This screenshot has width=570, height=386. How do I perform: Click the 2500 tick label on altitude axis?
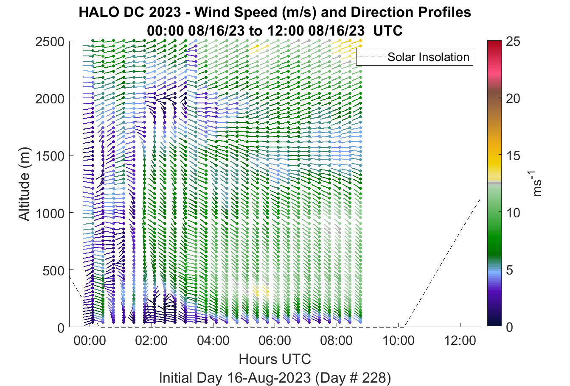pos(50,42)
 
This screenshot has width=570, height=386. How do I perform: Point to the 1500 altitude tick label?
pos(50,156)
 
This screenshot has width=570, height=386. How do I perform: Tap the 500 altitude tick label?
pos(53,271)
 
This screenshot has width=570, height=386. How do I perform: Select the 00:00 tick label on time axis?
pos(90,341)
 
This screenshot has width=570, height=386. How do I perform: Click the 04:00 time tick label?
pos(213,341)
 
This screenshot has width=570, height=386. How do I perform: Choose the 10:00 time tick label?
pos(399,341)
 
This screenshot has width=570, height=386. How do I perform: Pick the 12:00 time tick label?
pos(460,341)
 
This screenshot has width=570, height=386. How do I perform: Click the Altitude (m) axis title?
pos(25,184)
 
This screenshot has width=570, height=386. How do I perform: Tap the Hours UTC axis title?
pos(275,359)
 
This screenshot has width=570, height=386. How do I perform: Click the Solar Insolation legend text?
pos(428,57)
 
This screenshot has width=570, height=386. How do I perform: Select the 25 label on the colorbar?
pos(513,42)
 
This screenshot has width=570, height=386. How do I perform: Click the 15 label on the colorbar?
pos(513,156)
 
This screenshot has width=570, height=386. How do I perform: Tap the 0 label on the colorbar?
pos(509,327)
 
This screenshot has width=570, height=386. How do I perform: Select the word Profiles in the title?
pos(444,12)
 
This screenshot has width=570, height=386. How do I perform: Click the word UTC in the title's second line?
pos(388,31)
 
